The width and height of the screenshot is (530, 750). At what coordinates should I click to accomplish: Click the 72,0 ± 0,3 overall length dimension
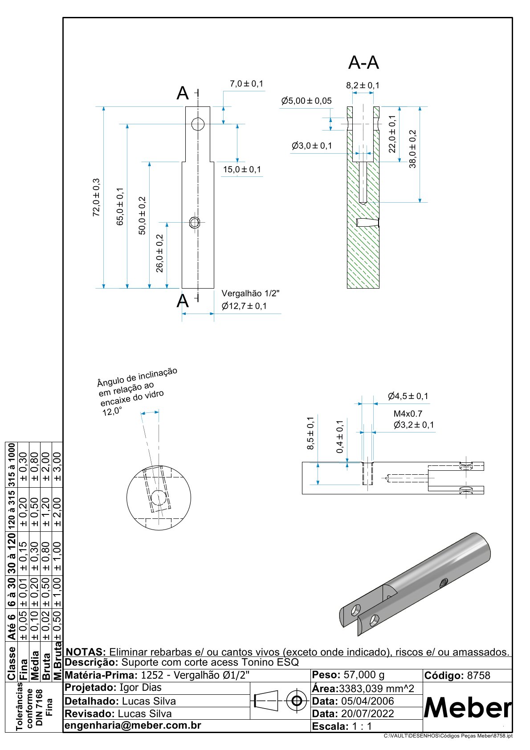click(x=96, y=197)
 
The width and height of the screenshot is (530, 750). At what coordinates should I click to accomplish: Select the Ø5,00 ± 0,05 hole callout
click(x=306, y=101)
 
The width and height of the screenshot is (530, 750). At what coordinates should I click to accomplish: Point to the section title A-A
click(x=363, y=63)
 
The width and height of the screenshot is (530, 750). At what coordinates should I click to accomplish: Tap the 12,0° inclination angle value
click(x=112, y=411)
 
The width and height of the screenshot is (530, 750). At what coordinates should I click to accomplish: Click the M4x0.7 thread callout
click(x=408, y=413)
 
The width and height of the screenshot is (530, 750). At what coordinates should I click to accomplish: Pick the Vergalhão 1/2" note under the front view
click(x=250, y=293)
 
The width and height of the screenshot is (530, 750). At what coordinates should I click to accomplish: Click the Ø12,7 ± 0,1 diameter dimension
click(x=244, y=306)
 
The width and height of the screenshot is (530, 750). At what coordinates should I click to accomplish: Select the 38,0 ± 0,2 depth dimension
click(x=412, y=149)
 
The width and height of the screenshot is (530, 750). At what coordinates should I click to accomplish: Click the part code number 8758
click(x=478, y=676)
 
